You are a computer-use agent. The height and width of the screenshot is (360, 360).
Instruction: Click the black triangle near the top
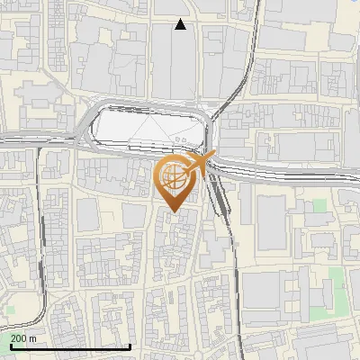click(181, 25)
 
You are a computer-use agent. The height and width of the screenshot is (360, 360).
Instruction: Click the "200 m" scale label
click(23, 337)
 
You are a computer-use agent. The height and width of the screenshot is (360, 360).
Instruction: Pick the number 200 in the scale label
click(19, 337)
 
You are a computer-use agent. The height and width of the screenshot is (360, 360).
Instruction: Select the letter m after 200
click(32, 337)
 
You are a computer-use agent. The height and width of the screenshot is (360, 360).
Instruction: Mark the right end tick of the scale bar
click(130, 346)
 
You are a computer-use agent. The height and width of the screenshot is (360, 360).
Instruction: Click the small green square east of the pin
click(319, 206)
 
